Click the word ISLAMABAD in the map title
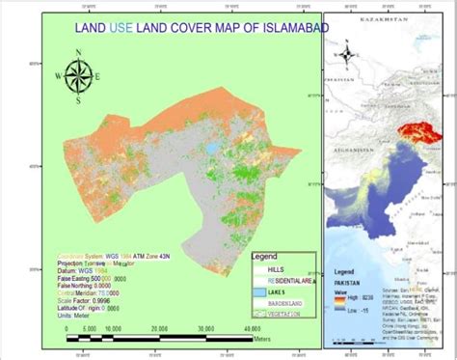[286, 28]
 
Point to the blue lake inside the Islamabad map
[209, 150]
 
